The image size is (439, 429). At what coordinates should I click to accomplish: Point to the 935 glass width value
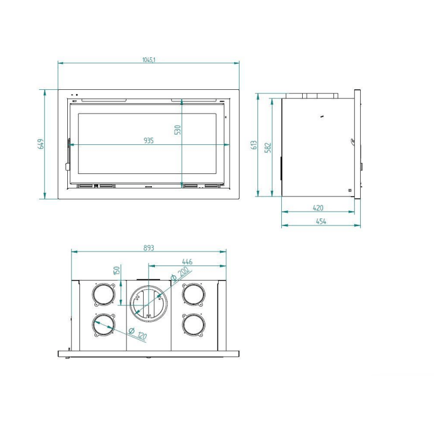pos(149,140)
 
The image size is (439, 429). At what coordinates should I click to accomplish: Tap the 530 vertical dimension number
pos(178,130)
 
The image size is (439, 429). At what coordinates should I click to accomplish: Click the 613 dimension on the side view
pos(254,145)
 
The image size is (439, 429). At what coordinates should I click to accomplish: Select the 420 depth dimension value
pos(318,208)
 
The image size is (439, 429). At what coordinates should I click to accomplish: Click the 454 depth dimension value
pos(321,221)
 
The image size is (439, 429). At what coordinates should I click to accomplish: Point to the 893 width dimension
pos(148,248)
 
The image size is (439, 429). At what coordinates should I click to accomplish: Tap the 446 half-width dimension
pos(187,262)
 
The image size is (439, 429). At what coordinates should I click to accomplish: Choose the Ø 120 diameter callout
pos(137,334)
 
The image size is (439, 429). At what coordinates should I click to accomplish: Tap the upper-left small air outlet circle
pos(104,294)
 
